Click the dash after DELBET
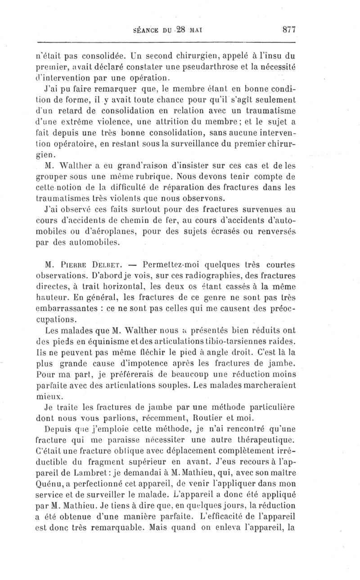[x=133, y=264]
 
